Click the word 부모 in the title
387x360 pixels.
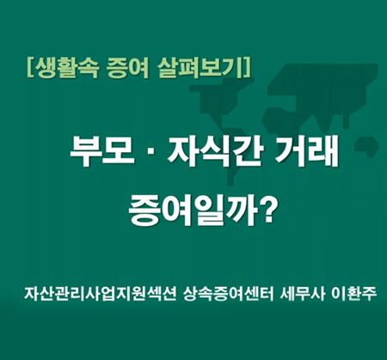102,151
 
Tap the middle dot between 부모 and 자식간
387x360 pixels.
151,152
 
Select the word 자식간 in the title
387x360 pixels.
215,151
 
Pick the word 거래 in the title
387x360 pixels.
306,151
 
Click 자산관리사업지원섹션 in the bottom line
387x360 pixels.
100,294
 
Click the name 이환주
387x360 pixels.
353,294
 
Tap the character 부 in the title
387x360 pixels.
86,151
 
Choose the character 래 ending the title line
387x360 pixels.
322,151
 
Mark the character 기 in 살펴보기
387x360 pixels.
231,68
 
